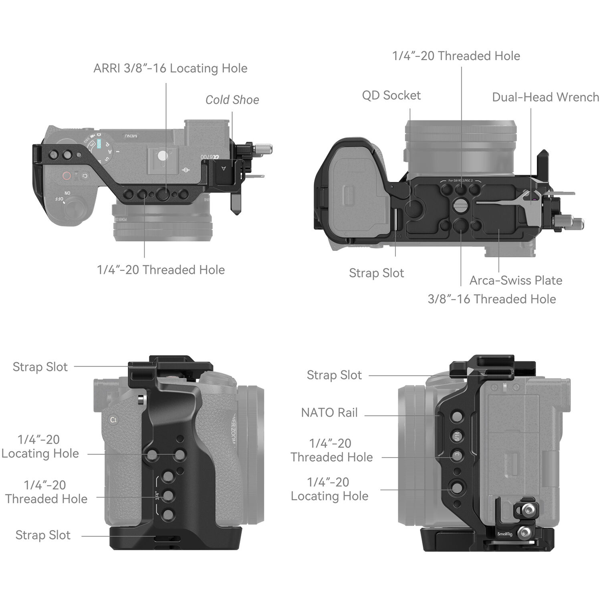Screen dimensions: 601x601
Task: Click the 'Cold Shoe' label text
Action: [232, 100]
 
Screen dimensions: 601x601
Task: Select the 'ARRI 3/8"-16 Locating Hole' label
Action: [170, 68]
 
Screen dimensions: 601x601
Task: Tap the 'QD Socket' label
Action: [391, 95]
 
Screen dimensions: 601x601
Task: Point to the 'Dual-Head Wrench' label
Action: [545, 97]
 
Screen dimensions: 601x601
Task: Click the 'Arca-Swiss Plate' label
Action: [516, 280]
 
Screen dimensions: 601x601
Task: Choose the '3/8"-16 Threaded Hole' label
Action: [492, 299]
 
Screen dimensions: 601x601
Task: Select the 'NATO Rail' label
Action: [329, 412]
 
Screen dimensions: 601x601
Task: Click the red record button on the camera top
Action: [67, 175]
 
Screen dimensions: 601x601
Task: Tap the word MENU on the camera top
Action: [130, 136]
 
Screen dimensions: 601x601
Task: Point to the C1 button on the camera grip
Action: [113, 420]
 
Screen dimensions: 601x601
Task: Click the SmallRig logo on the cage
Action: [504, 534]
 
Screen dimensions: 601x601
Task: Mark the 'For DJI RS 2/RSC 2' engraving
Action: [460, 181]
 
